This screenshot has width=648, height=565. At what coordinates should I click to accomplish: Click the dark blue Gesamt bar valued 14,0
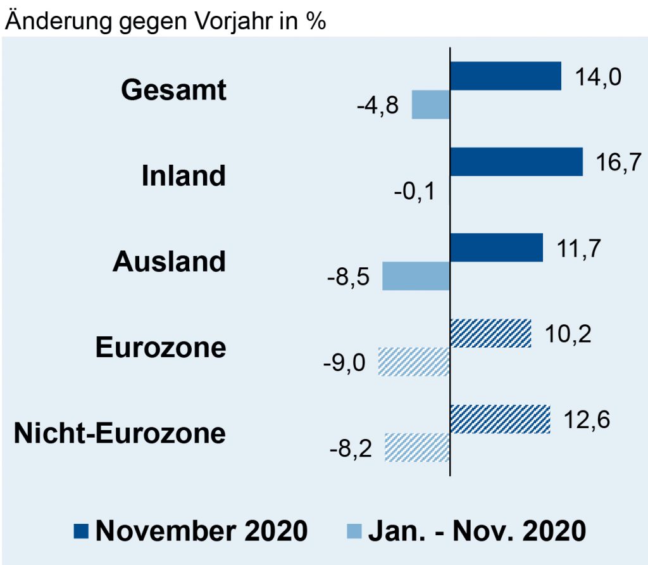coord(505,76)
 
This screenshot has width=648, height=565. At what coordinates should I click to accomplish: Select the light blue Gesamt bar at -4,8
coord(430,105)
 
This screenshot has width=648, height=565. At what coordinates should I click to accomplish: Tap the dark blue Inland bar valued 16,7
coord(516,162)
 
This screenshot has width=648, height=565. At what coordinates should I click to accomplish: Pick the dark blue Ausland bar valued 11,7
coord(496,247)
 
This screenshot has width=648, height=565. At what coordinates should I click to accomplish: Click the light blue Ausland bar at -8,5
coord(416,276)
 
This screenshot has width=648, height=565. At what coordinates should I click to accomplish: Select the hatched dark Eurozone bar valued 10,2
coord(490,333)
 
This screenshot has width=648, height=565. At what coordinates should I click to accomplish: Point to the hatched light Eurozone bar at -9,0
coord(414,362)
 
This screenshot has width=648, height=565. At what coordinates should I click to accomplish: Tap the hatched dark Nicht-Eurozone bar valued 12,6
coord(500,419)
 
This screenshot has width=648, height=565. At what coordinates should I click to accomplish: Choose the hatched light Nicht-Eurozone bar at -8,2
coord(417,447)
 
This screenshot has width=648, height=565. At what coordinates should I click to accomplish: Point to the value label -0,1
coord(414,191)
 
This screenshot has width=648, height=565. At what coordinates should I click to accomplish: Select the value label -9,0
coord(346,363)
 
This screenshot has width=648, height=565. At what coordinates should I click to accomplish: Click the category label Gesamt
coord(173,90)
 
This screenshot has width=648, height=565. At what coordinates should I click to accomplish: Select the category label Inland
coord(184,176)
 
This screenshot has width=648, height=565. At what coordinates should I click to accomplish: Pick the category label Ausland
coord(169,262)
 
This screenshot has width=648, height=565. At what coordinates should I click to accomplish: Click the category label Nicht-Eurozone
coord(120,434)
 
